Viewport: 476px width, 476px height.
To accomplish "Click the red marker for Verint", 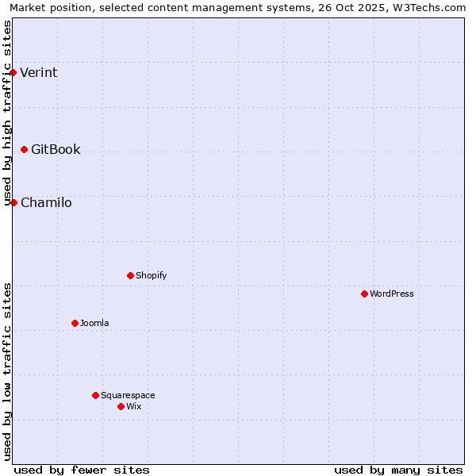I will coord(13,72).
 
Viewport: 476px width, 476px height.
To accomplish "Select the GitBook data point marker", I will coord(24,149).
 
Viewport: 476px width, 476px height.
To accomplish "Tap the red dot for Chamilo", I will coord(13,202).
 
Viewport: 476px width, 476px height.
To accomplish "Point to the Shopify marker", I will coord(130,275).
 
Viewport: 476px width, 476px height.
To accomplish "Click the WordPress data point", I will coord(364,294).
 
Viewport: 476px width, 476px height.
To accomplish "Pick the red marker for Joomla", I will coord(75,323).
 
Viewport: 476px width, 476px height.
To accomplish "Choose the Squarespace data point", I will coord(95,395).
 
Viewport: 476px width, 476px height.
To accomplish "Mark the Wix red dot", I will coord(121,406).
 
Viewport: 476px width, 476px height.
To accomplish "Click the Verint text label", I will coord(39,73).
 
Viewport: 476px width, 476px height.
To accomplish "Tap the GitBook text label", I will coord(56,150).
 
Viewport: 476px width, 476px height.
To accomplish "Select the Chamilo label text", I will coord(46,203).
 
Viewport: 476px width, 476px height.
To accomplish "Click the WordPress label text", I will coord(392,294).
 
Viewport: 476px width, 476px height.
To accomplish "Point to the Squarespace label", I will coord(128,395).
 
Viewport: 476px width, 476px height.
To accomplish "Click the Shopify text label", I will coord(151,275).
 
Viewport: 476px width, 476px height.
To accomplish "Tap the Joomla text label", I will coord(94,323).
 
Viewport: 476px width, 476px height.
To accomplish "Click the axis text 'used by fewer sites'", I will coord(82,470).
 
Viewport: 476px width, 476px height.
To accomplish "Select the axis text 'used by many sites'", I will coord(398,470).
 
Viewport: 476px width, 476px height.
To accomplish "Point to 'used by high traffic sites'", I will coord(8,113).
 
